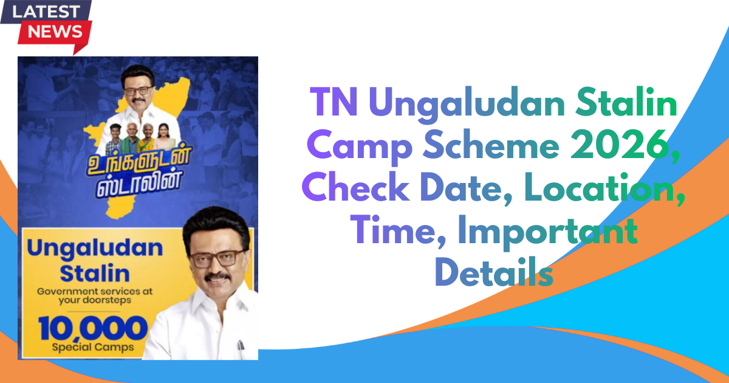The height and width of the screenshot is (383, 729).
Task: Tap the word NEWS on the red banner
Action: [55, 32]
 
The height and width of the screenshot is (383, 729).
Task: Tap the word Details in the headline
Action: [494, 272]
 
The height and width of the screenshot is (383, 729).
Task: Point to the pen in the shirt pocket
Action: [241, 345]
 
